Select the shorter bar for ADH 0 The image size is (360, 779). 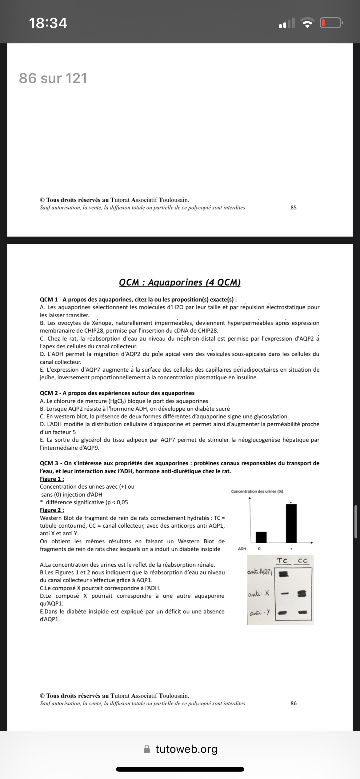click(261, 537)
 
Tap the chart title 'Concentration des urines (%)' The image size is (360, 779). click(257, 491)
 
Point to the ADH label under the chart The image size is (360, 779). click(242, 549)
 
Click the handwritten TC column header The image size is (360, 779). click(282, 561)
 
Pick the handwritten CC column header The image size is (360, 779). click(302, 561)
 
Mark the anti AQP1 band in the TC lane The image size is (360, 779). click(283, 574)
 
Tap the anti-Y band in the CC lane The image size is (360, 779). click(303, 613)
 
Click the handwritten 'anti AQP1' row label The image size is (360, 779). click(260, 572)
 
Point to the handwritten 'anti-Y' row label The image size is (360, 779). click(260, 613)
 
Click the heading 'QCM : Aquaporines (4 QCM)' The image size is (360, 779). click(180, 282)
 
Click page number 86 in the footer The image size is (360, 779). click(294, 703)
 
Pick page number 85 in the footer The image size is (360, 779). click(294, 207)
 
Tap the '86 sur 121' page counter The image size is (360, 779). click(53, 78)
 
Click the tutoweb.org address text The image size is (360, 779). click(186, 749)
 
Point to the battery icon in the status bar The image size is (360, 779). click(331, 23)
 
